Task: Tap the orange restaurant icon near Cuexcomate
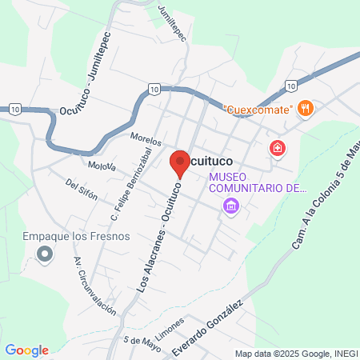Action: [305, 108]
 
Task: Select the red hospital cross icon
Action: [278, 148]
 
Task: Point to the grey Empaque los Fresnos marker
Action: [45, 255]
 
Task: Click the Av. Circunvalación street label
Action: [94, 286]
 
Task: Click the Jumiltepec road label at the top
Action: [172, 25]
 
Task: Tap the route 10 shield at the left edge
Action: [17, 109]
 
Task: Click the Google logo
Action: [26, 350]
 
